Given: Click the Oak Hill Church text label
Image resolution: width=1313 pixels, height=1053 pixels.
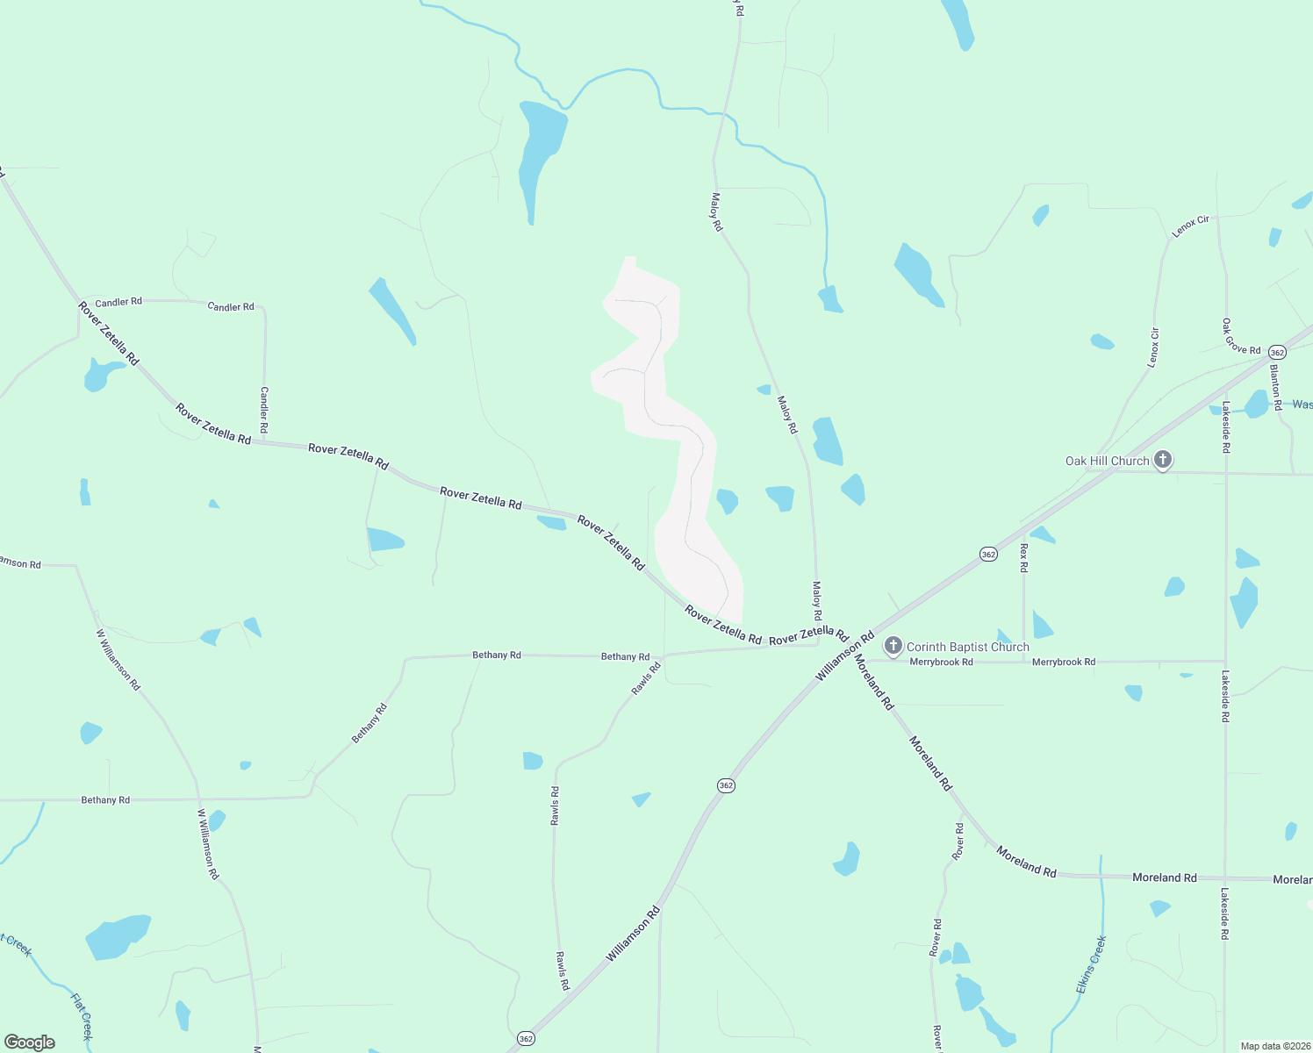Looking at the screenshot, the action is pyautogui.click(x=1107, y=461).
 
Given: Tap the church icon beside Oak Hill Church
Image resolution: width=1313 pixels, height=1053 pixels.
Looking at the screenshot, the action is pyautogui.click(x=1163, y=460).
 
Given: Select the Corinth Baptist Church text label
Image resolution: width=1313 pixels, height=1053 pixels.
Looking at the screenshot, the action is pyautogui.click(x=967, y=647).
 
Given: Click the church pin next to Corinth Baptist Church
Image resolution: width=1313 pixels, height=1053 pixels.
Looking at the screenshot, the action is pyautogui.click(x=893, y=647).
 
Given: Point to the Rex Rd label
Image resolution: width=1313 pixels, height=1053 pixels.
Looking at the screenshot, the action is pyautogui.click(x=1023, y=558).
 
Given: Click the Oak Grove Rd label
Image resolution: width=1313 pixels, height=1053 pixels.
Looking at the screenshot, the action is pyautogui.click(x=1241, y=337).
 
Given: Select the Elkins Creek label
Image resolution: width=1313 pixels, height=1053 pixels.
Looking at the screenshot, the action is pyautogui.click(x=1091, y=965).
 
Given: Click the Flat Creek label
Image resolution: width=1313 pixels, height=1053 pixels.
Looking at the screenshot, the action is pyautogui.click(x=82, y=1016).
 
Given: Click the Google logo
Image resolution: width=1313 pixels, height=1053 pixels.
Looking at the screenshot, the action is pyautogui.click(x=30, y=1042).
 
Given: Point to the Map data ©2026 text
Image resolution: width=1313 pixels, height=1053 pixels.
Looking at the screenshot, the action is pyautogui.click(x=1275, y=1046).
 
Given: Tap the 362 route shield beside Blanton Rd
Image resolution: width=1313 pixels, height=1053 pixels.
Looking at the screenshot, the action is pyautogui.click(x=1277, y=352).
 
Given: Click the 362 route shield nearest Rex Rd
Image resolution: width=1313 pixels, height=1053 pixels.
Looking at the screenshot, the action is pyautogui.click(x=988, y=554).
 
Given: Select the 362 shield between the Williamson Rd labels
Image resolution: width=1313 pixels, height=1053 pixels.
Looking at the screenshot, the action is pyautogui.click(x=725, y=785).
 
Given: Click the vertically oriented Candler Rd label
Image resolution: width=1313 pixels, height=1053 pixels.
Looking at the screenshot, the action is pyautogui.click(x=264, y=410).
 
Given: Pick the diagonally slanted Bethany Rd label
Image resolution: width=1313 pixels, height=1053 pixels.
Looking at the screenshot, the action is pyautogui.click(x=369, y=724).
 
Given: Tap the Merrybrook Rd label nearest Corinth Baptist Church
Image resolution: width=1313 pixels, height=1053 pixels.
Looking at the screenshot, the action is pyautogui.click(x=941, y=663).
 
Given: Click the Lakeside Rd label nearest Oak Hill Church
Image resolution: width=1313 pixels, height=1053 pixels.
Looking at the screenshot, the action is pyautogui.click(x=1226, y=427).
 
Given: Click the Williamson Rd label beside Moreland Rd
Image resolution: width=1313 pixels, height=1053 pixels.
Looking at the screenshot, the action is pyautogui.click(x=844, y=655).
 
